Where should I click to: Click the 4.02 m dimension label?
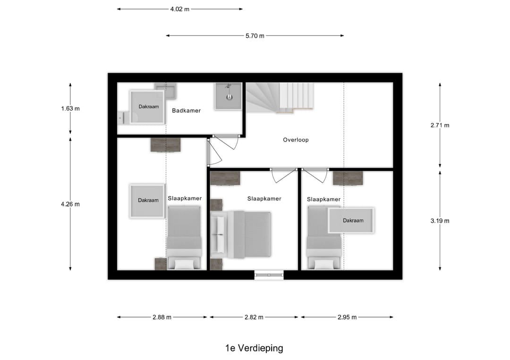(x=180, y=9)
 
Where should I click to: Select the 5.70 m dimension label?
(x=255, y=36)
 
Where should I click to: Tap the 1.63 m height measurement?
(x=70, y=109)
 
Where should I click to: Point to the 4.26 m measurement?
(x=70, y=204)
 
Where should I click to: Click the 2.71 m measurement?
(x=440, y=126)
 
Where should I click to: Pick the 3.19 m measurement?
(x=440, y=220)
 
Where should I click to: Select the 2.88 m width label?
(x=162, y=317)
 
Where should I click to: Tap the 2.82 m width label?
(x=254, y=317)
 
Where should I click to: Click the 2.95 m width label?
(x=347, y=317)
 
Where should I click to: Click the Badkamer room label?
(x=186, y=111)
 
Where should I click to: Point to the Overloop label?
(x=296, y=140)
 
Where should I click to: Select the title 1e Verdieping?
(x=254, y=348)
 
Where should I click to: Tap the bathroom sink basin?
(x=229, y=96)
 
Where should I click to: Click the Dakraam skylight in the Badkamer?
(x=147, y=107)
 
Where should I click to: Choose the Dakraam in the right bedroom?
(x=352, y=220)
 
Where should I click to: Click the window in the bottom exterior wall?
(x=269, y=275)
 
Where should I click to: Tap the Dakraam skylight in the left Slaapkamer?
(x=147, y=201)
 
